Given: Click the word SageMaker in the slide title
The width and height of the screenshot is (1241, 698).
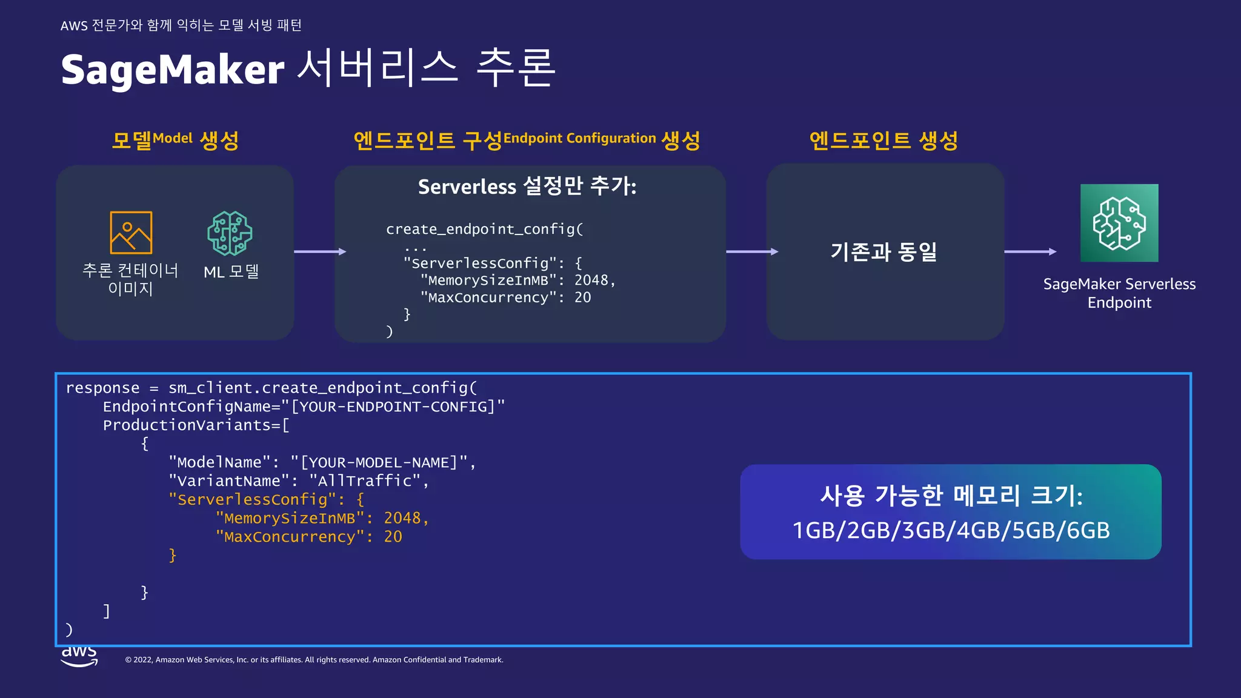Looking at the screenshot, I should click(x=172, y=70).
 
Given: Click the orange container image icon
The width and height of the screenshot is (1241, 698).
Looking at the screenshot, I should click(x=131, y=233).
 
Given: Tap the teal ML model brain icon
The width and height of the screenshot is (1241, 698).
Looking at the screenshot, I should click(x=230, y=233).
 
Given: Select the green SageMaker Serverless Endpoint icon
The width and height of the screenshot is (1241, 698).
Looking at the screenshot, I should click(x=1119, y=223).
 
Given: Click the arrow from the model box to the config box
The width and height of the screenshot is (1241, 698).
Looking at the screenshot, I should click(x=320, y=251).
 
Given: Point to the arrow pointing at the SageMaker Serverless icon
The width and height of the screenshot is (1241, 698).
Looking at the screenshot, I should click(x=1030, y=251).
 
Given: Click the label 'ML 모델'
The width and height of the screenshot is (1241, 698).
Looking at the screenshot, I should click(x=231, y=272).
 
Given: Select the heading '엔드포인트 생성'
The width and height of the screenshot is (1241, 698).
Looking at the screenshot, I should click(x=883, y=140).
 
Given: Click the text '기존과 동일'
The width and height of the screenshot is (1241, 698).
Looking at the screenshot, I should click(x=883, y=251).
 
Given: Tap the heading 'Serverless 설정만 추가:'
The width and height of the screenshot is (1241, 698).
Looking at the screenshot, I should click(x=527, y=186).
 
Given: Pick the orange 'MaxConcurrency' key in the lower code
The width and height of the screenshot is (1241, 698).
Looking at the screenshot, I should click(x=290, y=537).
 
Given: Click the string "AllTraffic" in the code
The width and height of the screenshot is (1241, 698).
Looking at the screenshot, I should click(x=365, y=481).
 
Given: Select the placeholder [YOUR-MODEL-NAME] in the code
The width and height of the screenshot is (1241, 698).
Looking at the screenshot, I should click(x=379, y=463).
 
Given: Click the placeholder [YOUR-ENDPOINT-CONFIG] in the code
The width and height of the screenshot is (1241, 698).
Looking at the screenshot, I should click(x=393, y=407).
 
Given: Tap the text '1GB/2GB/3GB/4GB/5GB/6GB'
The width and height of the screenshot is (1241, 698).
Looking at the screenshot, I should click(x=951, y=530).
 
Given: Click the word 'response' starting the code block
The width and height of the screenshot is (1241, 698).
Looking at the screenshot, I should click(x=102, y=388).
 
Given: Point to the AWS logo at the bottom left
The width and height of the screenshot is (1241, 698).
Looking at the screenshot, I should click(x=79, y=656).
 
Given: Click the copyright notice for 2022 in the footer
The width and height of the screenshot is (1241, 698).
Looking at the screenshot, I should click(x=314, y=660).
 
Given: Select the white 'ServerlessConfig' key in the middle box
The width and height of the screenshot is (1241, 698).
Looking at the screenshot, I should click(x=480, y=264).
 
